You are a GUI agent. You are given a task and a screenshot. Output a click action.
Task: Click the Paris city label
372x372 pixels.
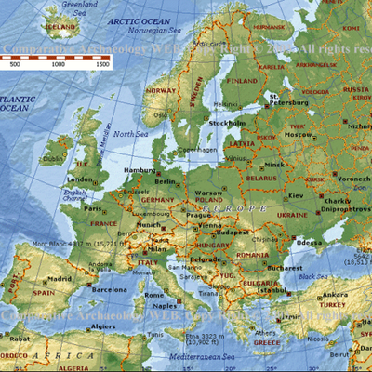tap(93, 208)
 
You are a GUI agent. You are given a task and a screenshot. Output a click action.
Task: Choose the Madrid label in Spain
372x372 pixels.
tap(60, 278)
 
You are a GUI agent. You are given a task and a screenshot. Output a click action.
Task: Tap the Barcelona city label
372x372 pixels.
tap(109, 289)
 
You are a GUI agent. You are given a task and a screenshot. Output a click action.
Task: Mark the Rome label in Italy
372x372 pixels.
tap(154, 295)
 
